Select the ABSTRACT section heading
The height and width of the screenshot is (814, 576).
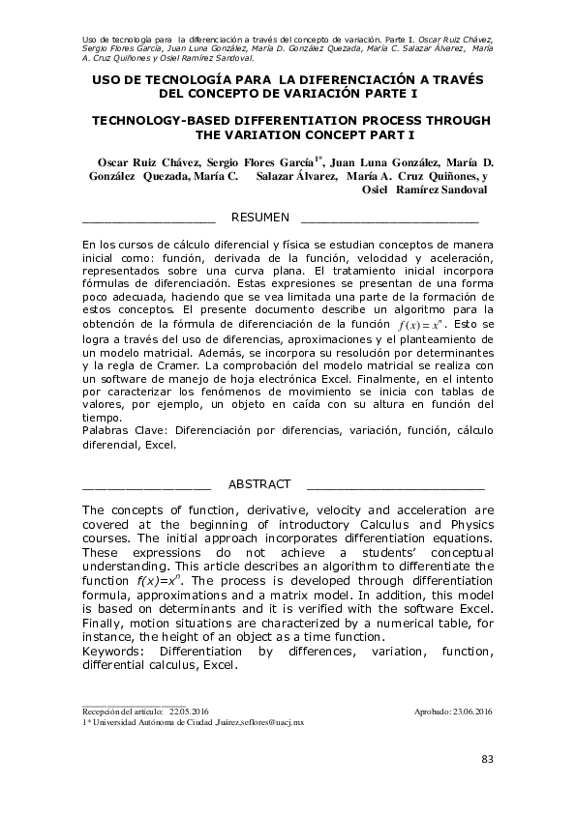point(258,484)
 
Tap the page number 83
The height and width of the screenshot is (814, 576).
point(487,758)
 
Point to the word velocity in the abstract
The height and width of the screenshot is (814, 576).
point(314,510)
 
